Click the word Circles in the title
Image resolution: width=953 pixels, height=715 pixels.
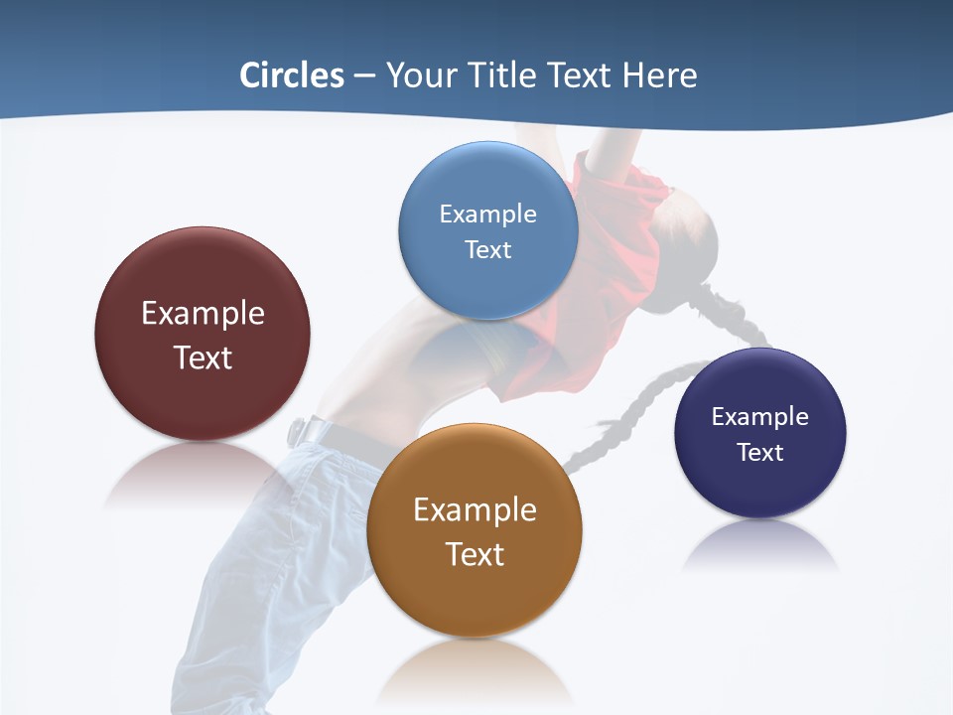292,75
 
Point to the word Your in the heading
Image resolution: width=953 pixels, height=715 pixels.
420,75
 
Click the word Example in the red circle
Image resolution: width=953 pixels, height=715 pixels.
203,313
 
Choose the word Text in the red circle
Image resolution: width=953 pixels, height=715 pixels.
203,357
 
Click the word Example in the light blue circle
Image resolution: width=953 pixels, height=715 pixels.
487,214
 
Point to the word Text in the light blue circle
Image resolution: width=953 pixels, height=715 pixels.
487,249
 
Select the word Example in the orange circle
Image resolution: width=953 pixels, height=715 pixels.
475,509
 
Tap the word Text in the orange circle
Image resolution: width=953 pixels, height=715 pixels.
475,554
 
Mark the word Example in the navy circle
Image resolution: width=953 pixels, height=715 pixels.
760,416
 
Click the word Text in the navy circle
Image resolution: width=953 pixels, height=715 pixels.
760,452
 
